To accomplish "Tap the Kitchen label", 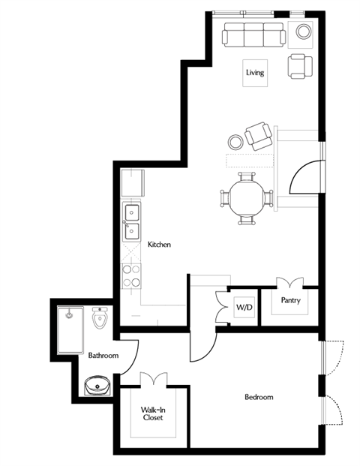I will (160, 245).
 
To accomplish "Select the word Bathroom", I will (103, 355).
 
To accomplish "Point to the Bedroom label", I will (259, 396).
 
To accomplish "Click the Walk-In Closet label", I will (154, 413).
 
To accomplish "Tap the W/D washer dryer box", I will (244, 306).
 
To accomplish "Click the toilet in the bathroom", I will (101, 318).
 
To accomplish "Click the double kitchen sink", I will (131, 221).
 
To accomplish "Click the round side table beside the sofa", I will (304, 32).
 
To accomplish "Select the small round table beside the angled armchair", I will (235, 142).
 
